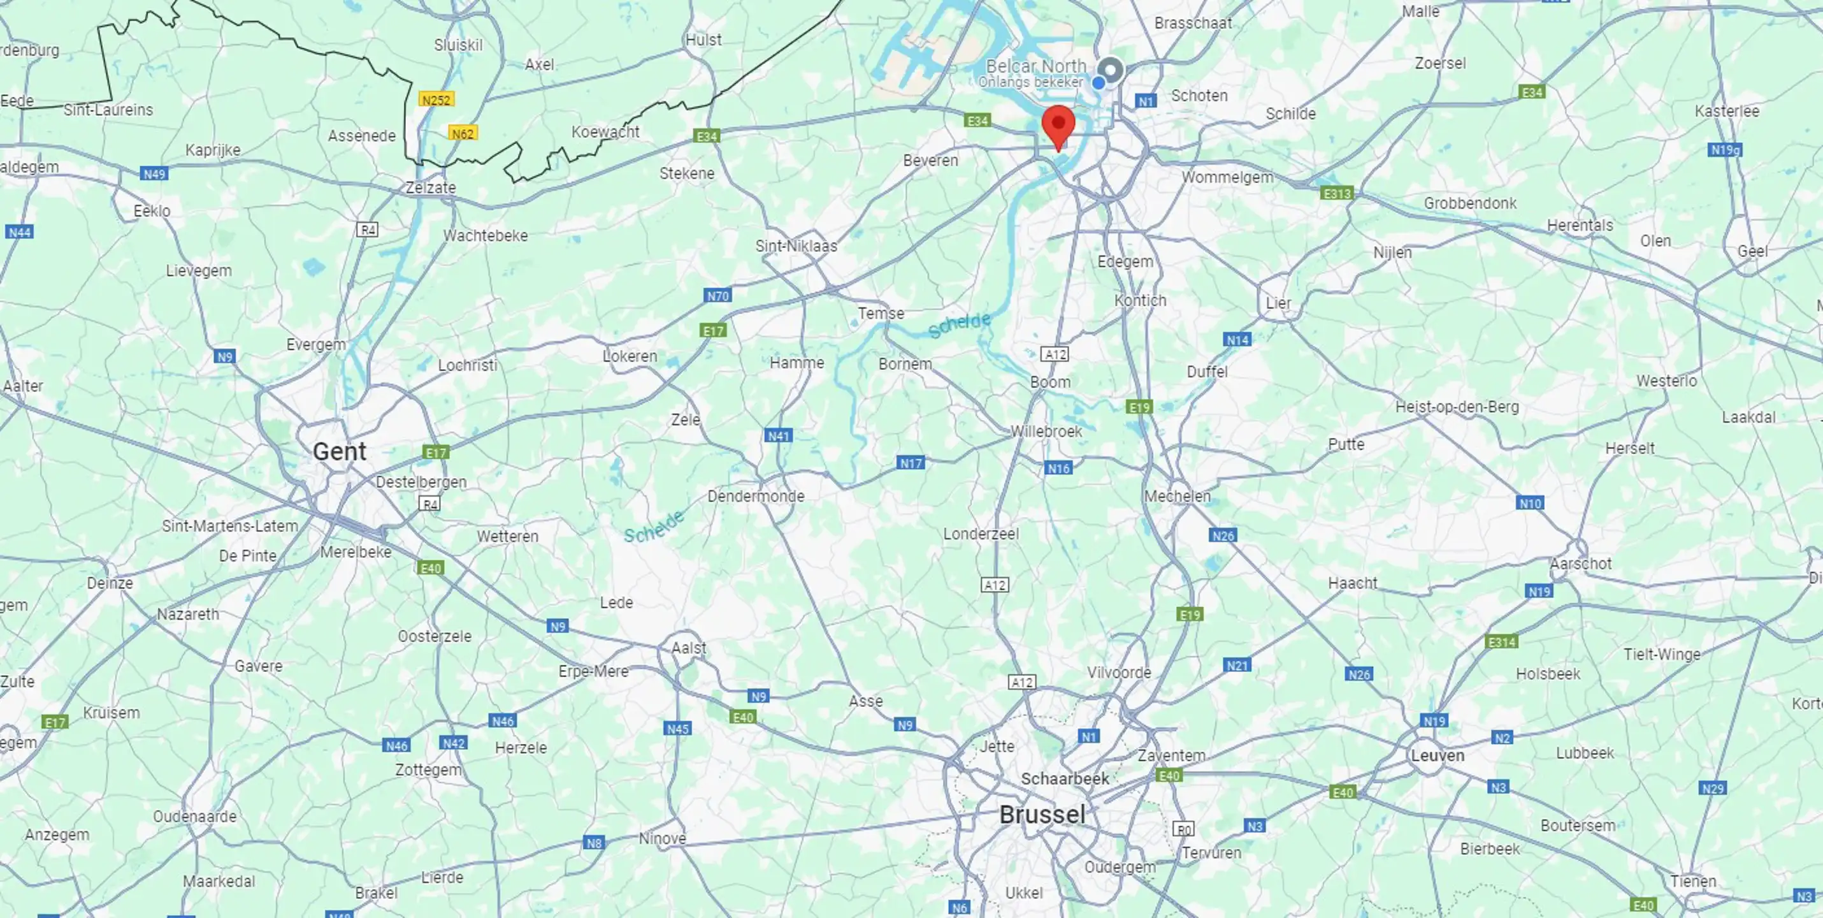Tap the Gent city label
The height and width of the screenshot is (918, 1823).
[x=339, y=451]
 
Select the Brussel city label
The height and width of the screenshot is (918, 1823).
[x=1042, y=815]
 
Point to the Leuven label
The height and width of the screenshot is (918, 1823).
[x=1438, y=755]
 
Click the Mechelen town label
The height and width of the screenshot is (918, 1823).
[x=1177, y=496]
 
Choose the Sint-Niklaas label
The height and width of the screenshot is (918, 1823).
[x=796, y=246]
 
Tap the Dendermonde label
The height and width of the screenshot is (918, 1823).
[x=756, y=496]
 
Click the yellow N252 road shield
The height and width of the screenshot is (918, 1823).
[x=435, y=100]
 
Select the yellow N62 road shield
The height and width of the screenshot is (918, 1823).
[x=462, y=133]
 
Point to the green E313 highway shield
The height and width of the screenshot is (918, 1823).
[x=1336, y=193]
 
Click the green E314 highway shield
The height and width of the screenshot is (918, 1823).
[x=1502, y=642]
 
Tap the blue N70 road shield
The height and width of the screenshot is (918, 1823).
[x=717, y=296]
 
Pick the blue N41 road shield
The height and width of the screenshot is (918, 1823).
[x=779, y=436]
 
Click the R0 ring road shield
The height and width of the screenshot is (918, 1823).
[x=1183, y=829]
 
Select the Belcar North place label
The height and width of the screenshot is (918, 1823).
[x=1035, y=66]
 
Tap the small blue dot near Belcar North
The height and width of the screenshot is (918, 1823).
[x=1099, y=83]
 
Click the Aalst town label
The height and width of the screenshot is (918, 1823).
[x=689, y=648]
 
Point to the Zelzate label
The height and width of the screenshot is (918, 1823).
[x=430, y=187]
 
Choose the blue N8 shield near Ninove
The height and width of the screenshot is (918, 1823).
[x=594, y=843]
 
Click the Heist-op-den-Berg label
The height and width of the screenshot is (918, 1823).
[x=1457, y=407]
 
